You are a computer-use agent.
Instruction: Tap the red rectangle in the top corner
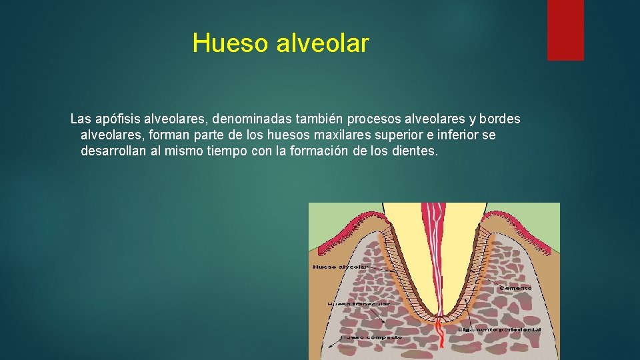(565, 29)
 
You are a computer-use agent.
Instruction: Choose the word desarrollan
(115, 151)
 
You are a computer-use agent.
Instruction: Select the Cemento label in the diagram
(515, 288)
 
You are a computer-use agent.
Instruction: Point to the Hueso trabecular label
(359, 304)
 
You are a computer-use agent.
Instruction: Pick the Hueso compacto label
(371, 337)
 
